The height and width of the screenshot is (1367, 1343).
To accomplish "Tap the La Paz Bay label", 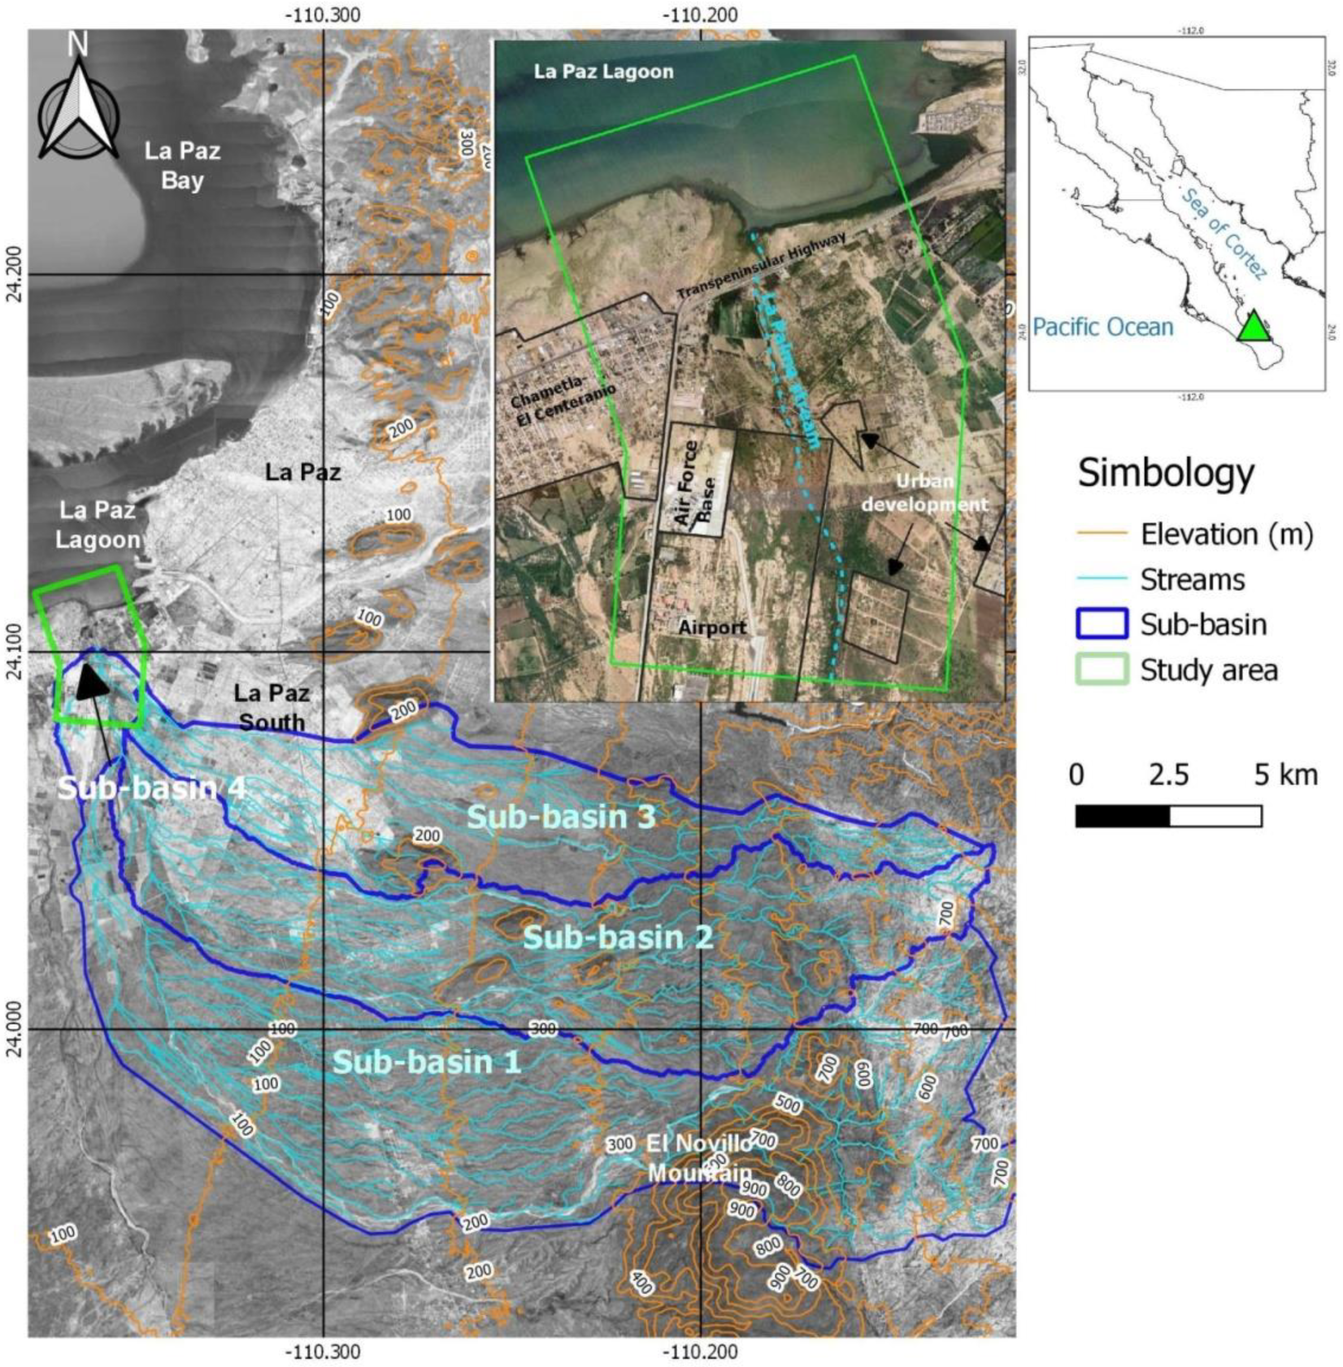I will point(182,166).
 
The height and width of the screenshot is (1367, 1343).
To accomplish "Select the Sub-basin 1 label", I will point(427,1061).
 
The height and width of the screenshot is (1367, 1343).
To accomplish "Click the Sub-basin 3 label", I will point(561,817).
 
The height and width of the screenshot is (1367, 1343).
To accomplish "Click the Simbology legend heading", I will point(1166,473).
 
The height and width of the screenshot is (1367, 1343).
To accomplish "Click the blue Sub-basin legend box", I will point(1101,624).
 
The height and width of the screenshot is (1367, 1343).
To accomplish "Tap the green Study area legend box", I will point(1101,669).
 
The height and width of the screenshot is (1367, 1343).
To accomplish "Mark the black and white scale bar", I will point(1168,816).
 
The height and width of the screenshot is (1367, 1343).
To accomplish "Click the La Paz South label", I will point(272,707).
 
